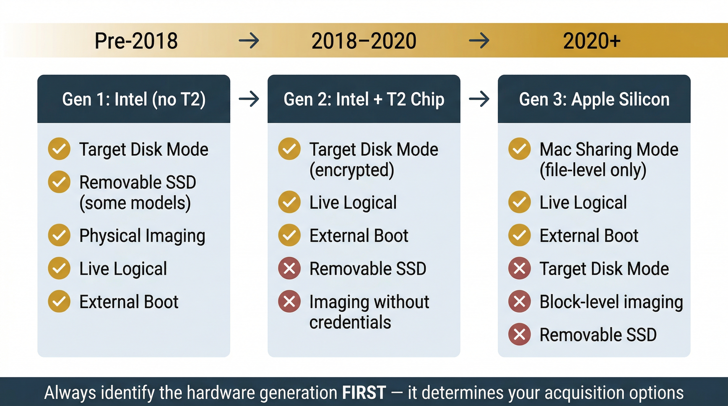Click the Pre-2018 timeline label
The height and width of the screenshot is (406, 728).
(x=136, y=41)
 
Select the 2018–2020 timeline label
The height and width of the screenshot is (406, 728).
(x=364, y=41)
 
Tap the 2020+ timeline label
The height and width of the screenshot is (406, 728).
(x=592, y=41)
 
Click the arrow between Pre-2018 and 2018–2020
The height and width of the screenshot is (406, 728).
(x=249, y=41)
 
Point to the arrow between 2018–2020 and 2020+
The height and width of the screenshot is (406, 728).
(x=479, y=41)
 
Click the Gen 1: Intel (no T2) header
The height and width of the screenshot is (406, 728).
(x=134, y=99)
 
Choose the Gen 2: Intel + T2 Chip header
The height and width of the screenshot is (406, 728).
(x=364, y=99)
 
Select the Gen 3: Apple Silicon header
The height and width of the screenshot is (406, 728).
(x=594, y=99)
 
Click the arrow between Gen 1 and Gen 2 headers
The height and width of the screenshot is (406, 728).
(x=249, y=99)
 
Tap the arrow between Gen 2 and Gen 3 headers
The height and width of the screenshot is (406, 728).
(x=479, y=99)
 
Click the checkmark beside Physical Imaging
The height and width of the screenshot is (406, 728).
(x=59, y=235)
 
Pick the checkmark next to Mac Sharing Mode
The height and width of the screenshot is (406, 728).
(x=520, y=149)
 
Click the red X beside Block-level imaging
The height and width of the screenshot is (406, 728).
(x=520, y=301)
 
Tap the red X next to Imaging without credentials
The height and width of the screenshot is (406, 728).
(x=289, y=301)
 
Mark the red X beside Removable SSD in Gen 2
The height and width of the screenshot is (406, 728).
(x=289, y=268)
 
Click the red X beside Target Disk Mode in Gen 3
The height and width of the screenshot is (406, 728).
(x=520, y=268)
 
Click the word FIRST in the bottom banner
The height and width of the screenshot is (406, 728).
(x=364, y=393)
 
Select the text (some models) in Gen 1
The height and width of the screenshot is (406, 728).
(x=135, y=203)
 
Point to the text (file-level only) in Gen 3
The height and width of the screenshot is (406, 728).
(x=593, y=170)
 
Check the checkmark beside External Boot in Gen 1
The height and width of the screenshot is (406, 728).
(x=59, y=301)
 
